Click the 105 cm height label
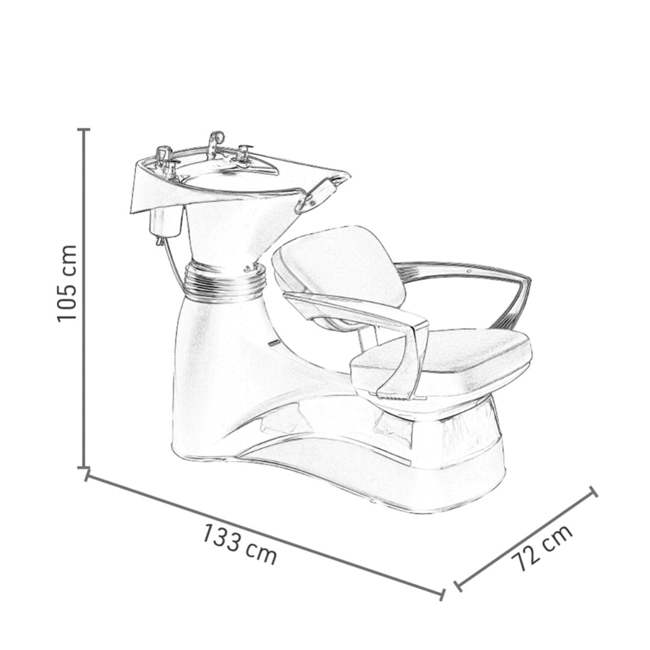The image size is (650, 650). (x=67, y=283)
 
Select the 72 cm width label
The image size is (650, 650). (x=542, y=548)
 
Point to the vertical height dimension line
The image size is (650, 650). (x=84, y=299)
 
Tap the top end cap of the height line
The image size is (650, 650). (x=84, y=130)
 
